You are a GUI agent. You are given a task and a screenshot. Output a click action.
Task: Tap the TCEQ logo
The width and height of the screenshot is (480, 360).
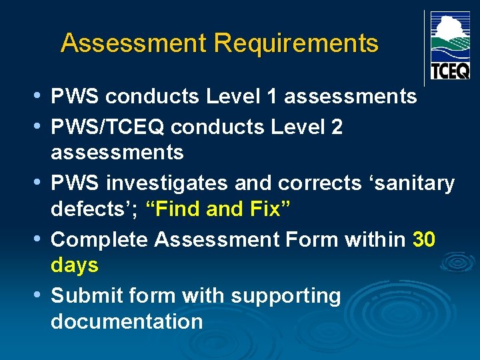[450, 45]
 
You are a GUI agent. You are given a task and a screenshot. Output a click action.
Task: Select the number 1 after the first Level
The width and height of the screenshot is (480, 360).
[271, 97]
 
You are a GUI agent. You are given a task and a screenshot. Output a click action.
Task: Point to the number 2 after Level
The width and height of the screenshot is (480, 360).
[337, 126]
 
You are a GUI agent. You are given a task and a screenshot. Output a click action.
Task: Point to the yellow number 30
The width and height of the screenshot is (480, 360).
[424, 239]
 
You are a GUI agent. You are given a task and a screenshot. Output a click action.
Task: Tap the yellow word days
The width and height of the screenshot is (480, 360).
[75, 265]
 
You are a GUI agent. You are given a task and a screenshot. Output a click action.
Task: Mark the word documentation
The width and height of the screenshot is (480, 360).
[127, 321]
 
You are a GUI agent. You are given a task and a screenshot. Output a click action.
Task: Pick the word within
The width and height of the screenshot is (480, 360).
[375, 239]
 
